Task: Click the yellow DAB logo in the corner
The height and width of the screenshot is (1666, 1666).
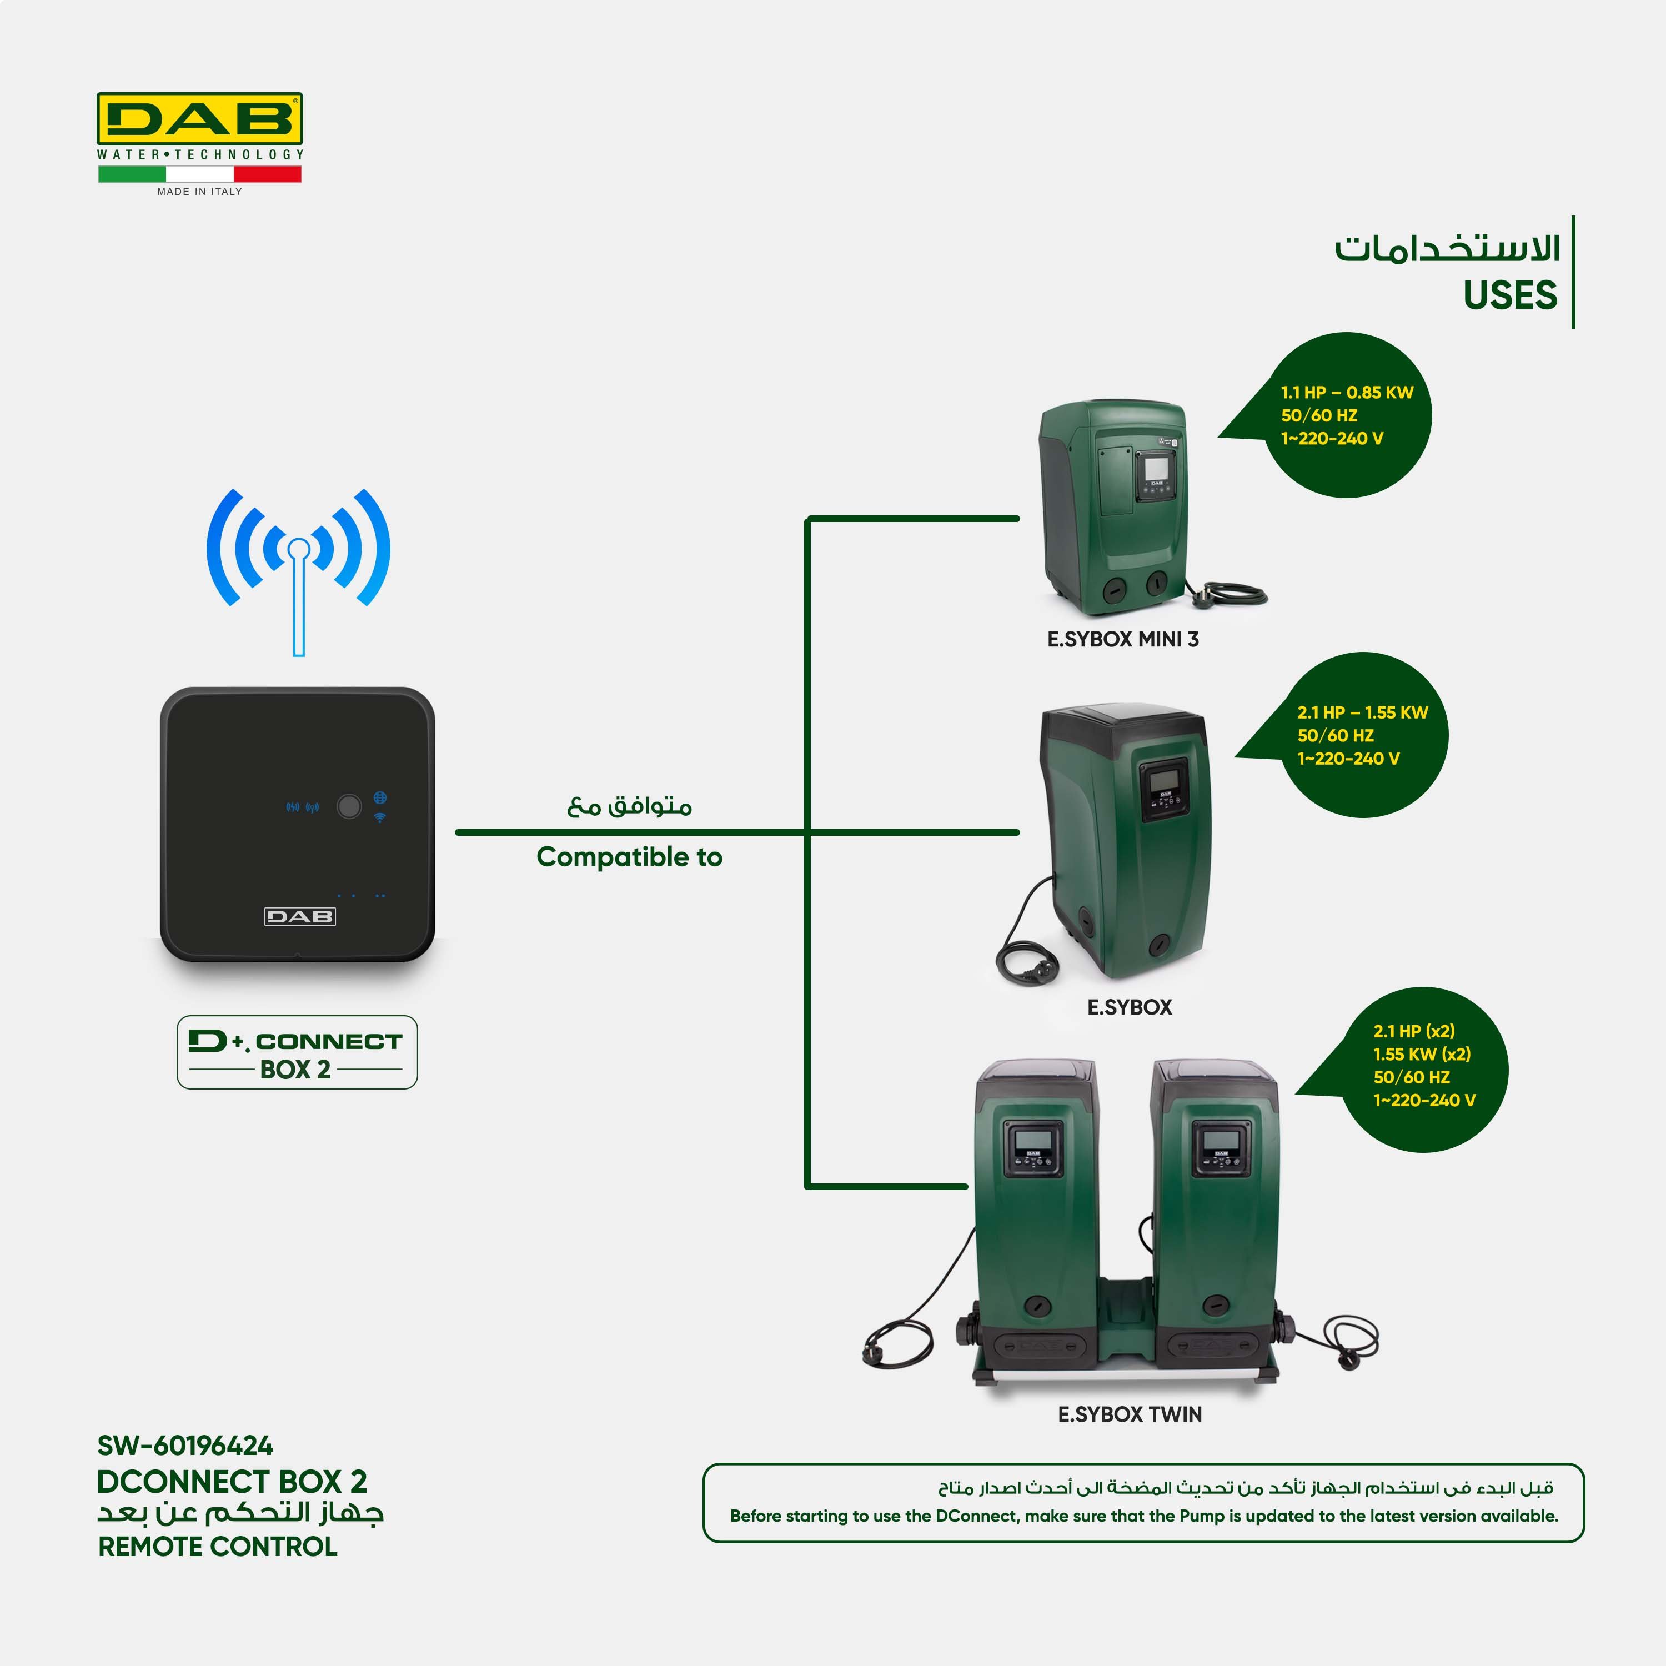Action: [x=199, y=118]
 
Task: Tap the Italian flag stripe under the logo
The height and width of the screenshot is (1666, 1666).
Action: [x=199, y=174]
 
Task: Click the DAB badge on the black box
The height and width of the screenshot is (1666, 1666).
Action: [x=299, y=917]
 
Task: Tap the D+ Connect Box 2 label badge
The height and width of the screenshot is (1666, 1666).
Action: [x=297, y=1052]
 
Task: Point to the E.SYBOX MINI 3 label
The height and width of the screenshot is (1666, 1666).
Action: [x=1122, y=640]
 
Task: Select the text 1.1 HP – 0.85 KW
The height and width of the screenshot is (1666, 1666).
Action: [x=1347, y=393]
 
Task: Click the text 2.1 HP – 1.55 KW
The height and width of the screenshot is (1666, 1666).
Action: [x=1362, y=712]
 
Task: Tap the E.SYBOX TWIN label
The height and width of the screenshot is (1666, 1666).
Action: [x=1130, y=1414]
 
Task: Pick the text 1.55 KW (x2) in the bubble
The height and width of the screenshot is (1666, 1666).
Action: [x=1422, y=1054]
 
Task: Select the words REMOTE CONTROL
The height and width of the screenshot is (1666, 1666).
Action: [x=217, y=1547]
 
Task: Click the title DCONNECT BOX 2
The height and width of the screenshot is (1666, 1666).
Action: [x=232, y=1482]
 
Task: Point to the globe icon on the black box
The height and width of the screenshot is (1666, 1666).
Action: [x=379, y=797]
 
